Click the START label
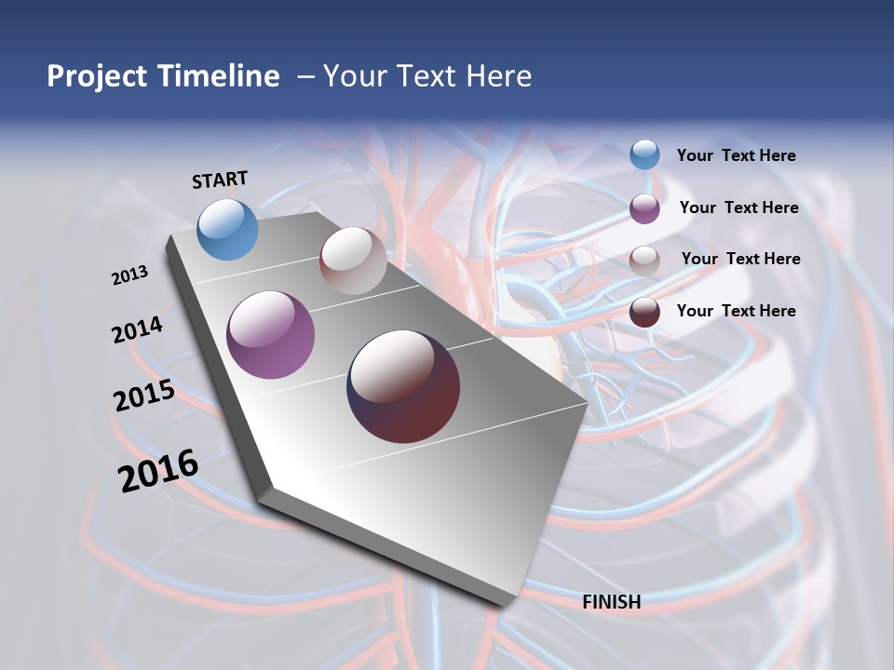click(220, 180)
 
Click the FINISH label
click(612, 602)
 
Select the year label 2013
click(129, 275)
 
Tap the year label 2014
click(137, 330)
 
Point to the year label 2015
click(144, 395)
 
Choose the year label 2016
click(158, 471)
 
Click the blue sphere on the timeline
click(228, 229)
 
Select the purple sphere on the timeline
click(271, 335)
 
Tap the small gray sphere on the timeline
click(353, 261)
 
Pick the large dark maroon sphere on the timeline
click(403, 386)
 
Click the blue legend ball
click(644, 155)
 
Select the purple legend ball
click(644, 208)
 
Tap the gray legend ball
click(644, 260)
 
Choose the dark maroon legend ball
click(644, 312)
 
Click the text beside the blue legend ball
click(736, 156)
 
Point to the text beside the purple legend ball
click(738, 208)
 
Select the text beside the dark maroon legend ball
click(736, 311)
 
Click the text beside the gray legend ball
click(740, 259)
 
